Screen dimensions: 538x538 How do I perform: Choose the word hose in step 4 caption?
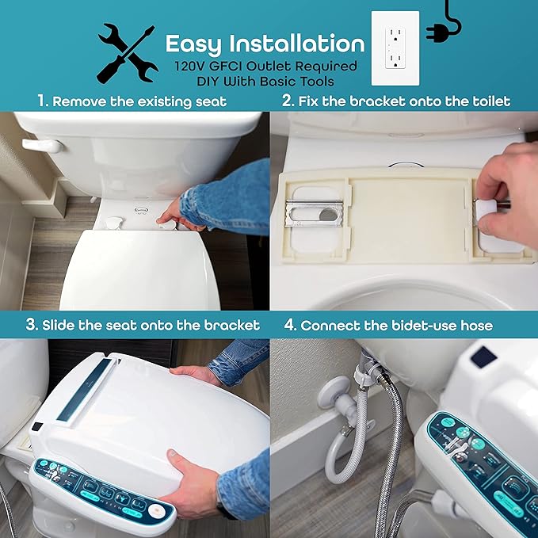pyautogui.click(x=475, y=325)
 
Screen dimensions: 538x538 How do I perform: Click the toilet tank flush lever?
pyautogui.click(x=42, y=147)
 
